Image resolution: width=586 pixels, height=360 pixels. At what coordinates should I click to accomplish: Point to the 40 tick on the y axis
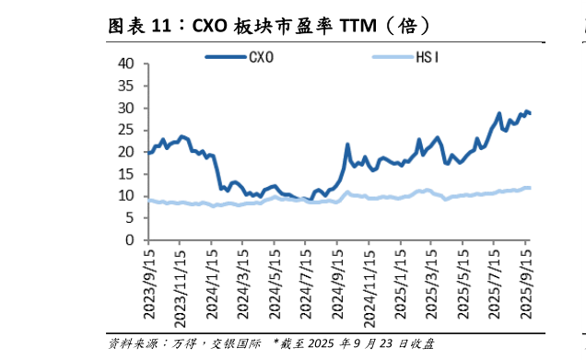[126, 64]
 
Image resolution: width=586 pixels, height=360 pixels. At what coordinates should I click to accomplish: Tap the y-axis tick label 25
[126, 130]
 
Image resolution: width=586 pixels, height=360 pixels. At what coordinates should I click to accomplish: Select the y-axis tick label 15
[126, 174]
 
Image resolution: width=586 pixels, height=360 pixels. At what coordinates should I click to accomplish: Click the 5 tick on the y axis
[131, 218]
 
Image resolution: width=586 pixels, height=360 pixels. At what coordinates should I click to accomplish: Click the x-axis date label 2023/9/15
[150, 282]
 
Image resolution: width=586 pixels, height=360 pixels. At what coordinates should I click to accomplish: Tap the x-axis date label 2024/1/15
[212, 282]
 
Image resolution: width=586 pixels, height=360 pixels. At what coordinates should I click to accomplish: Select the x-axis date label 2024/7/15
[305, 282]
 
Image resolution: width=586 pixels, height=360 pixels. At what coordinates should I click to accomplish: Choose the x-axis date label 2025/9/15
[526, 282]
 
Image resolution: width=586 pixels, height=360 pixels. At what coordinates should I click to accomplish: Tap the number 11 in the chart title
[160, 26]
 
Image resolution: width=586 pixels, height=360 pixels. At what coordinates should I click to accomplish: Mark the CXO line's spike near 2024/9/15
[347, 145]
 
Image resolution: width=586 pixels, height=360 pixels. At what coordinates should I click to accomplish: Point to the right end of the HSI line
[530, 187]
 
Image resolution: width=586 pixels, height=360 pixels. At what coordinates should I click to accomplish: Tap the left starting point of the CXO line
[148, 152]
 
